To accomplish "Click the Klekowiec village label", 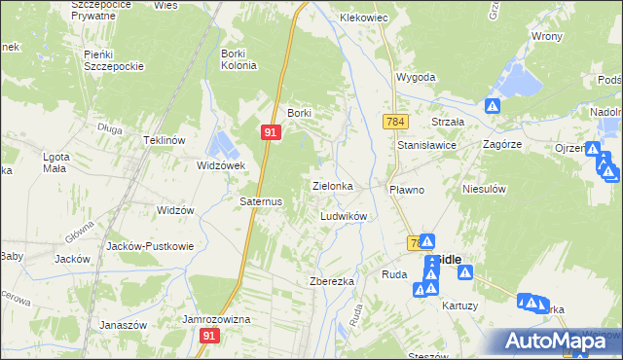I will (363, 18).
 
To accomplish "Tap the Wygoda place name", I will (415, 77).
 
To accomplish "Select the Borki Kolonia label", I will (238, 59).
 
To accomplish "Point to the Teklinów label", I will (165, 140).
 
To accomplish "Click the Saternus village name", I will (261, 201).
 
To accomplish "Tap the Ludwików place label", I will (343, 216).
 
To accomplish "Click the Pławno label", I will (407, 190).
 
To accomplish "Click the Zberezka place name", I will (331, 280).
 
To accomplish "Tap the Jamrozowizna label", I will (217, 319).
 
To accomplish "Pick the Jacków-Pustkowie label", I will (149, 246).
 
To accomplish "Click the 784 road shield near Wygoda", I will (394, 122).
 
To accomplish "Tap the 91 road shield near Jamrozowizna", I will (209, 335).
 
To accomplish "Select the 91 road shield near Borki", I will (272, 131).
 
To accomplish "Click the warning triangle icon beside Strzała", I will (493, 106).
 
